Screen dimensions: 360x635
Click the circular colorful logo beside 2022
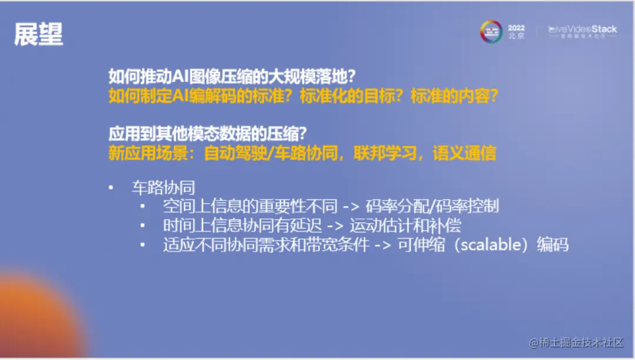491,31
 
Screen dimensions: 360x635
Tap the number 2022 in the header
516,28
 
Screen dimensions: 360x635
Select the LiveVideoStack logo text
582,29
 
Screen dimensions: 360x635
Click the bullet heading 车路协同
163,188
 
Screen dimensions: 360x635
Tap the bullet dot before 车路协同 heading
111,188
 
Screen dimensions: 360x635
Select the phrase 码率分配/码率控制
432,206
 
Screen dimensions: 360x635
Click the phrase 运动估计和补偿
405,225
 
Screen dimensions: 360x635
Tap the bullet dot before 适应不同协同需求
142,245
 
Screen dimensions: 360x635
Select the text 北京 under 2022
516,36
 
